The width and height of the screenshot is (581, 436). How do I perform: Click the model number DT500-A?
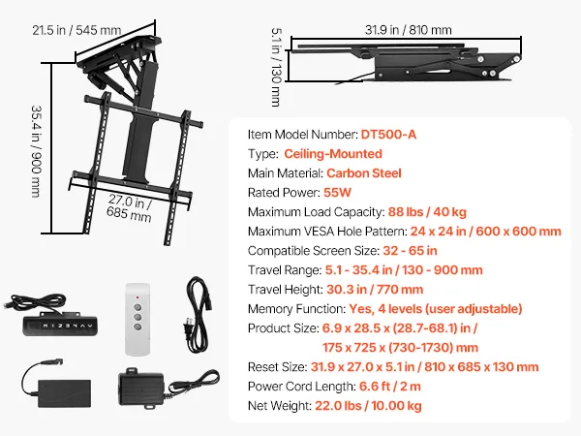pos(388,135)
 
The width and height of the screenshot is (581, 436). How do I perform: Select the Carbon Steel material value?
pos(364,173)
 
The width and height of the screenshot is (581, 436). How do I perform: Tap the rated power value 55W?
pos(337,193)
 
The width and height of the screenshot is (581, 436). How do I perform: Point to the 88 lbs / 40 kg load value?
pos(427,211)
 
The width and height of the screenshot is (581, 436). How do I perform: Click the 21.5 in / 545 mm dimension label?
pos(76,30)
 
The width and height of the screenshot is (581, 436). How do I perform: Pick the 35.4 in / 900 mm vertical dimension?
pos(36,151)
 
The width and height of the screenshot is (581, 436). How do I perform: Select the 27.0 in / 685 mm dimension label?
pos(130,207)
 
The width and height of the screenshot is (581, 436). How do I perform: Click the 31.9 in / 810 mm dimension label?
pos(408,30)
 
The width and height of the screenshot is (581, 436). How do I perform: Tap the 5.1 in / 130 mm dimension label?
pos(276,67)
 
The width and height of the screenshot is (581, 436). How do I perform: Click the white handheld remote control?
pos(138,320)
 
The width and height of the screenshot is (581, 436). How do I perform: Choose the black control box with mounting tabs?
pos(141,389)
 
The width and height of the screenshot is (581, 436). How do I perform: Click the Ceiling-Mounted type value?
pos(333,154)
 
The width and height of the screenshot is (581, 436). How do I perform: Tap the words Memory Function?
pos(296,309)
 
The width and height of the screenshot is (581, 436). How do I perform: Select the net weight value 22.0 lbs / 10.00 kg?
pos(368,406)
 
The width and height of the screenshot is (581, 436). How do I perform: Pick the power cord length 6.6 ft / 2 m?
pos(390,387)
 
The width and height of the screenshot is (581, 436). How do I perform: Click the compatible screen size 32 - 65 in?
pos(410,251)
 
